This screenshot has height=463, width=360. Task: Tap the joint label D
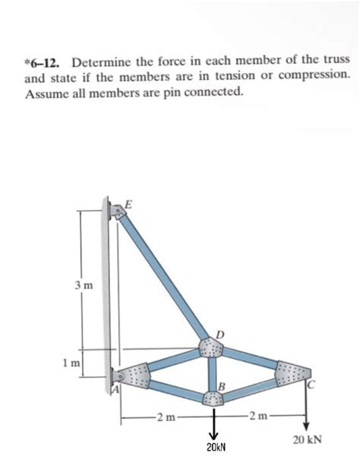[220, 334]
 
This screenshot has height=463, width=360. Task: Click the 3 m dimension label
[84, 285]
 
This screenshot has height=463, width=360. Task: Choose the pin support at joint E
[118, 211]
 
